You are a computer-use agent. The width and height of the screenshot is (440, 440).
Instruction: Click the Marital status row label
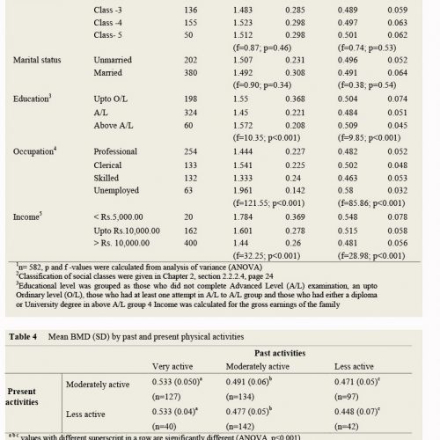tap(37, 60)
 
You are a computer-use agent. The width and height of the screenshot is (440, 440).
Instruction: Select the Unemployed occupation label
tap(116, 191)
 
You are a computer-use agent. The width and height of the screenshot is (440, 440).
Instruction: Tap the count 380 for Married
tap(191, 73)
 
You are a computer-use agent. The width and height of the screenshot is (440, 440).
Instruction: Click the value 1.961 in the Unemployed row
tap(243, 191)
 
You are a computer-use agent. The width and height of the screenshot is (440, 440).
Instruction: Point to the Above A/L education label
tap(114, 126)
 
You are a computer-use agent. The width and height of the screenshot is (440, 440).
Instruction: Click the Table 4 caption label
tap(23, 336)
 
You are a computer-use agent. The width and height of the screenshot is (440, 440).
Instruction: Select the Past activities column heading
tap(280, 353)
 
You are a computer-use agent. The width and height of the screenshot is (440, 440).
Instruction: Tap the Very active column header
tap(172, 366)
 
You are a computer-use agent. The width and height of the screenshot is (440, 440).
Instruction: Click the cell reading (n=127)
tap(166, 397)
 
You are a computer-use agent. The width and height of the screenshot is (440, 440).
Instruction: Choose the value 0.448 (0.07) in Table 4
tap(357, 412)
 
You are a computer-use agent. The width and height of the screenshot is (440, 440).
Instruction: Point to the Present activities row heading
tap(22, 397)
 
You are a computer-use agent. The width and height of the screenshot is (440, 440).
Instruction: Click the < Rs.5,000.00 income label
tap(118, 217)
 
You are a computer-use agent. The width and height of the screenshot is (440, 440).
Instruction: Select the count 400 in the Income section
tap(191, 243)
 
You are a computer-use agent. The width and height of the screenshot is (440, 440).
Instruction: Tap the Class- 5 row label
tap(107, 35)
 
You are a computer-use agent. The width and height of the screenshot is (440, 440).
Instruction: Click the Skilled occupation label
tap(106, 178)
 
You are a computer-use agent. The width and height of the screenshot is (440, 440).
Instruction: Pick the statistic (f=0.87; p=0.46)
tap(262, 48)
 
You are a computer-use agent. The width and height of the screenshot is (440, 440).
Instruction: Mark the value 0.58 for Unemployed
tap(345, 191)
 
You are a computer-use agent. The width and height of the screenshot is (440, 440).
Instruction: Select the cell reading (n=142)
tap(240, 427)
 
